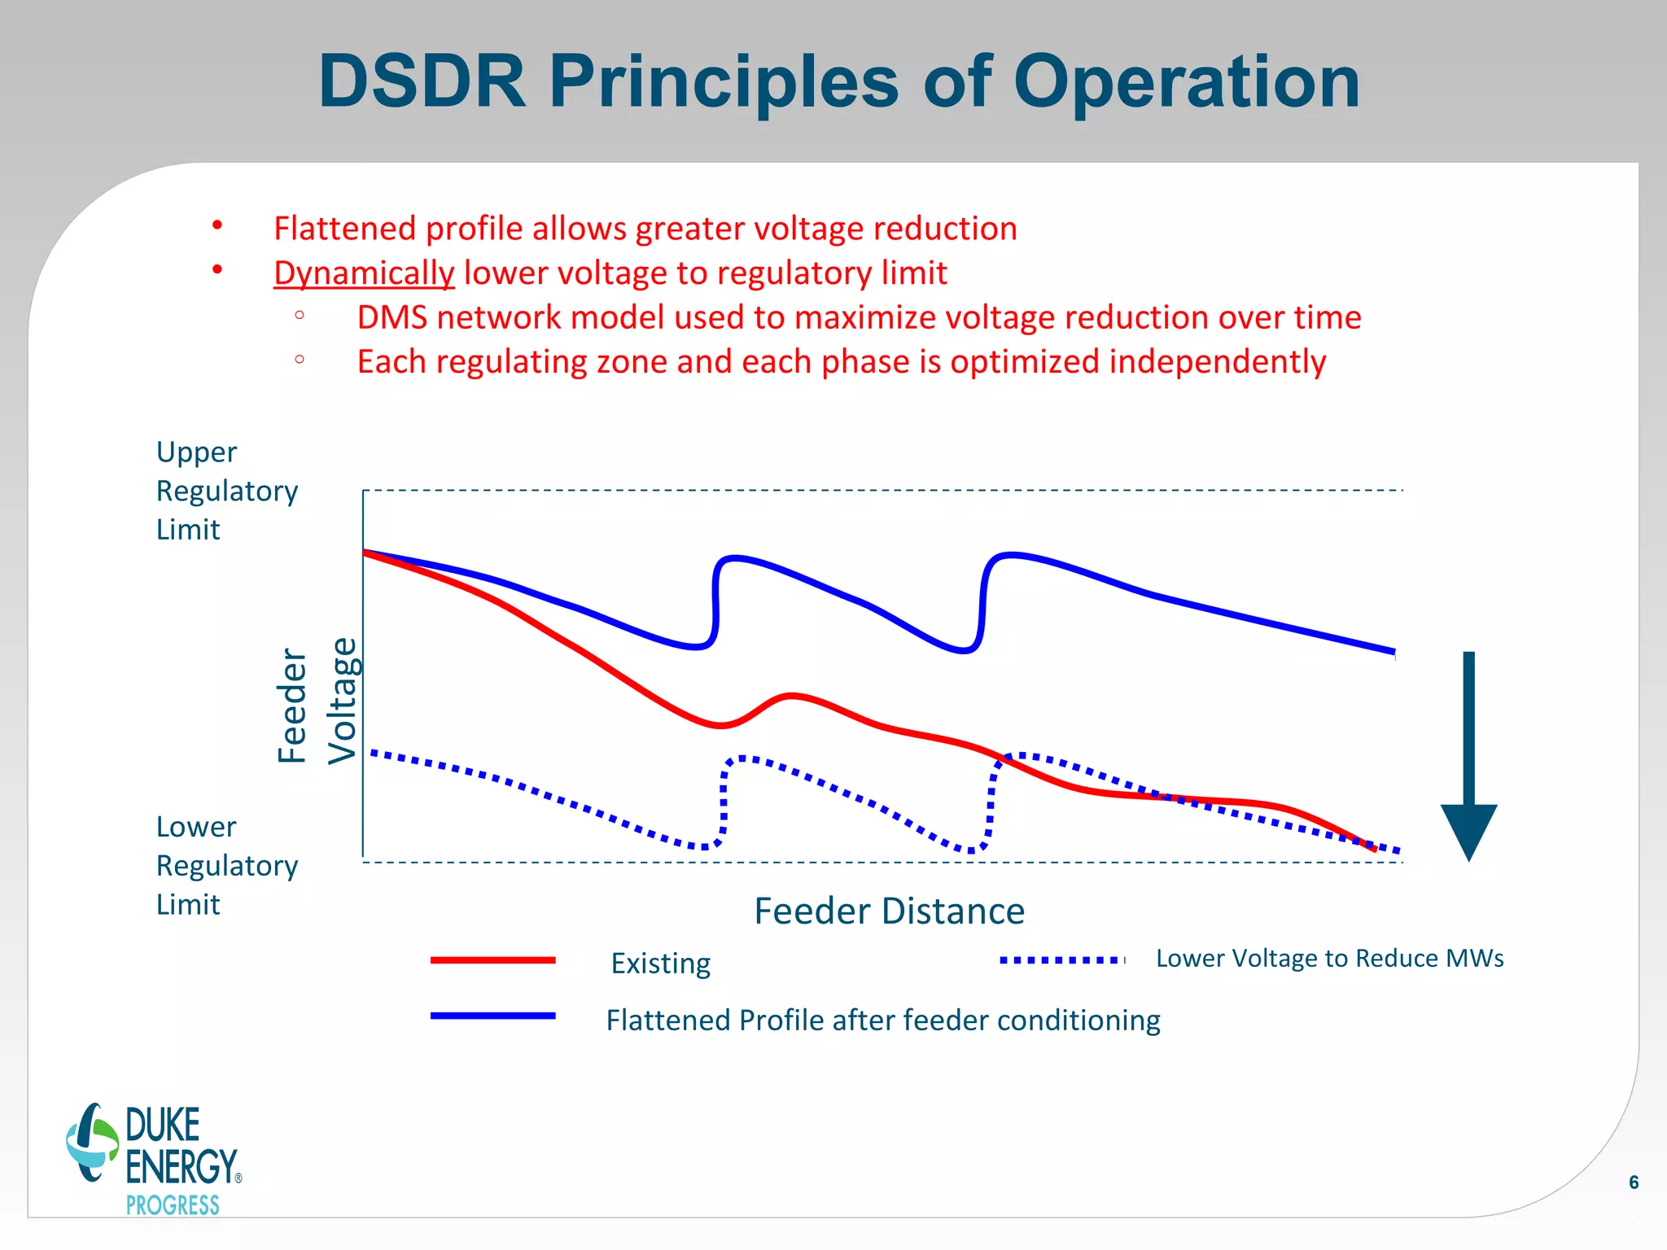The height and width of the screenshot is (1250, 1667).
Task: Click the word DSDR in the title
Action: click(x=422, y=81)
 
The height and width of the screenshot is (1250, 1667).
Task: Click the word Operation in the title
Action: click(x=1186, y=83)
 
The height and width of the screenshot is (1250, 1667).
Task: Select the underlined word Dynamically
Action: click(x=364, y=273)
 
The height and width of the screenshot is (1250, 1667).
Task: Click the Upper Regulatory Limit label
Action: click(x=226, y=491)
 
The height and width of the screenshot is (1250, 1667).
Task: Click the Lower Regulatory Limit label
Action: click(x=226, y=865)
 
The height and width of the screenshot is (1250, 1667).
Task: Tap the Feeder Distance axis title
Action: click(x=889, y=911)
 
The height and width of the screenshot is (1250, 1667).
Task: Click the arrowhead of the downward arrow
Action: click(x=1468, y=830)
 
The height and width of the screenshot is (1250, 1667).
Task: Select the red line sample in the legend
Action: click(x=492, y=960)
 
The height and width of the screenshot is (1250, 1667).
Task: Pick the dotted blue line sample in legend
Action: click(x=1061, y=960)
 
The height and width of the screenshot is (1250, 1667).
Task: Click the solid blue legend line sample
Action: click(x=492, y=1016)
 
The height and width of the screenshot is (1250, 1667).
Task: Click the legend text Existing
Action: click(x=660, y=964)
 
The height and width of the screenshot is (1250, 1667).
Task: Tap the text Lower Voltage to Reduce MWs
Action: click(x=1329, y=959)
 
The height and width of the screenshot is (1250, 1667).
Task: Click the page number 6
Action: click(x=1633, y=1182)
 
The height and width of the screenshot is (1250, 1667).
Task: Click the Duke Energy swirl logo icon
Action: click(x=92, y=1143)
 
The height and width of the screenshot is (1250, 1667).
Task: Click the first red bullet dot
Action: click(x=217, y=225)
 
